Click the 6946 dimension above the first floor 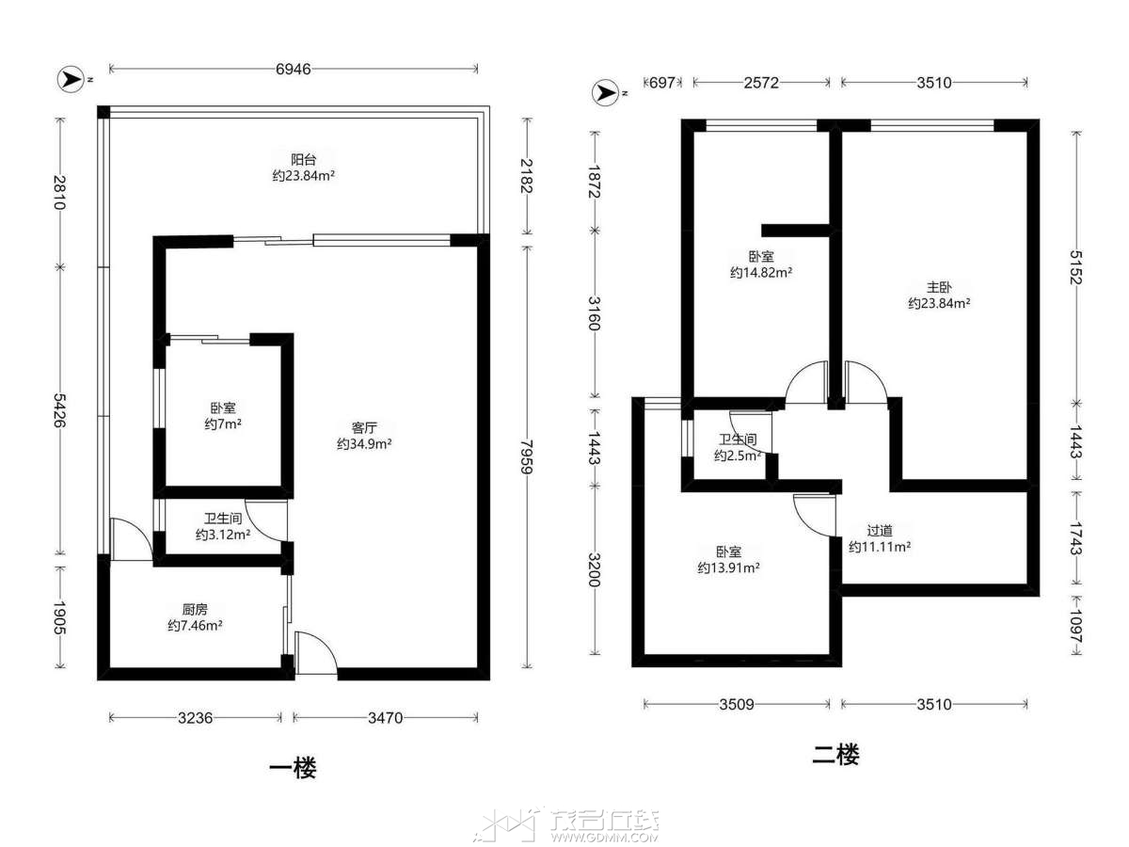click(x=294, y=69)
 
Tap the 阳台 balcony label click(x=304, y=159)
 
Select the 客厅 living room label click(x=364, y=427)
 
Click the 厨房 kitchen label click(x=195, y=610)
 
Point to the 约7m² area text click(x=223, y=424)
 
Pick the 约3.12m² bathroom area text click(x=223, y=535)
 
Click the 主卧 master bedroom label click(x=939, y=287)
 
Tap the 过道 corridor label click(x=880, y=530)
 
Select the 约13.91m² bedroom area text click(x=729, y=567)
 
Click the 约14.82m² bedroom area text click(x=761, y=273)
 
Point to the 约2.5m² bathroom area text click(x=739, y=455)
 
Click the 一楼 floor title click(x=293, y=768)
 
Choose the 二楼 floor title click(x=836, y=755)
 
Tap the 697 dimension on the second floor click(x=662, y=83)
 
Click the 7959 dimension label click(x=527, y=456)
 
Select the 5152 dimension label click(x=1076, y=267)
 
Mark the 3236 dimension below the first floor click(x=196, y=718)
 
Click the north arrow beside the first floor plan click(x=71, y=80)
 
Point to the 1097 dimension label click(x=1076, y=626)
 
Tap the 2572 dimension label click(x=761, y=83)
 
